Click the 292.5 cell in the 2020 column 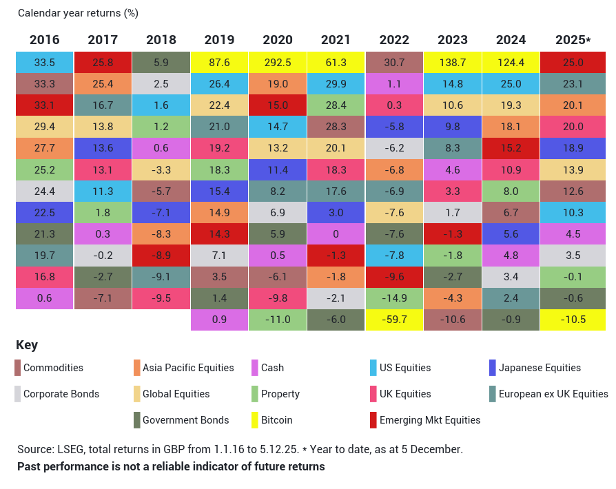tap(278, 63)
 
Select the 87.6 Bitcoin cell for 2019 tap(219, 63)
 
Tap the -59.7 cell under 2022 tap(394, 320)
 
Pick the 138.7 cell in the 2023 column tap(452, 63)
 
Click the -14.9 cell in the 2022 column tap(394, 299)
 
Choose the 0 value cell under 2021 tap(336, 234)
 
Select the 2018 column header tap(161, 40)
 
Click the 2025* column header tap(573, 40)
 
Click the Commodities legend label tap(53, 368)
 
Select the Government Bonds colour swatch tap(136, 420)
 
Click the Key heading tap(27, 345)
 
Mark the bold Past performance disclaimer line tap(171, 466)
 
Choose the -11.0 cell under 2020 tap(278, 320)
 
